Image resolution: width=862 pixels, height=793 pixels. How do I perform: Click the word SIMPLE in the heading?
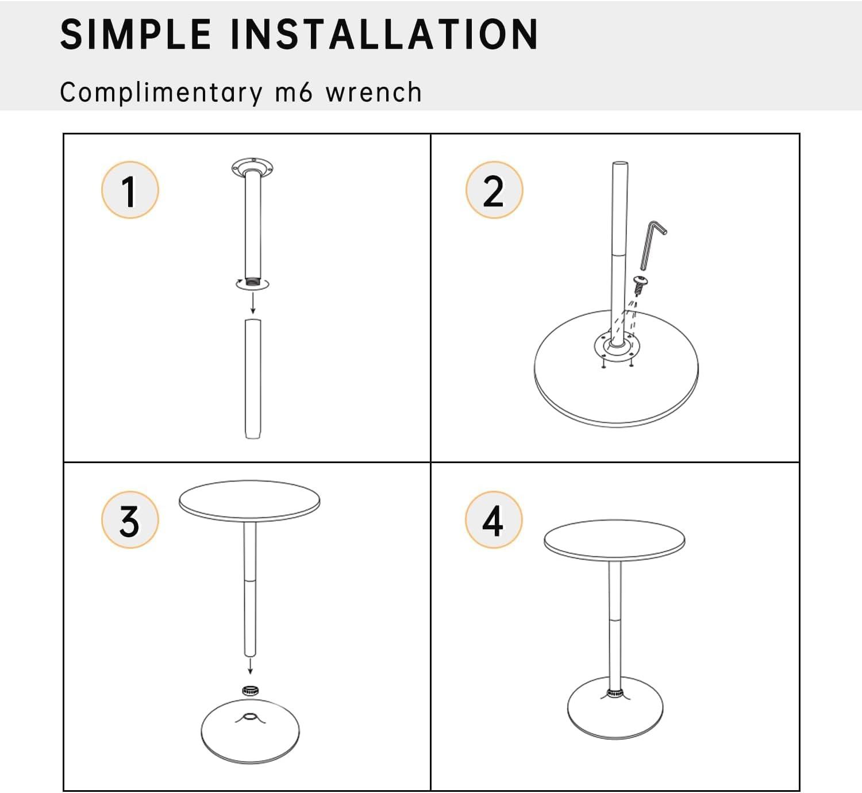[136, 34]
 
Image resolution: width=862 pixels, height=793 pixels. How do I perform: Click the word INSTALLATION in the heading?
[384, 34]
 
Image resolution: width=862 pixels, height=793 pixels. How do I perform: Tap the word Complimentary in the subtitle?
[161, 93]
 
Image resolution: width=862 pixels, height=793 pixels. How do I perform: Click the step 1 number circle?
[130, 190]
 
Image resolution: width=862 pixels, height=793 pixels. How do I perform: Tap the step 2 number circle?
[494, 190]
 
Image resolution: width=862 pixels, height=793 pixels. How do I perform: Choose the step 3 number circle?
[130, 519]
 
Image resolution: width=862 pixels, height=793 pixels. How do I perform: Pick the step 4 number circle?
[494, 519]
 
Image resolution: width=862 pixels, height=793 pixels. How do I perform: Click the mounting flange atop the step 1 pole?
[253, 168]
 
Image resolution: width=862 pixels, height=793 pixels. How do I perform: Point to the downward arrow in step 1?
[253, 303]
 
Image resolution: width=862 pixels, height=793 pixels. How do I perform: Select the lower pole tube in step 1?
[253, 379]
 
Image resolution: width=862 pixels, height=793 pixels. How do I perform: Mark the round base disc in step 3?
[250, 731]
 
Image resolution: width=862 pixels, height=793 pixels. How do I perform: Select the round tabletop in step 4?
[614, 540]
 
